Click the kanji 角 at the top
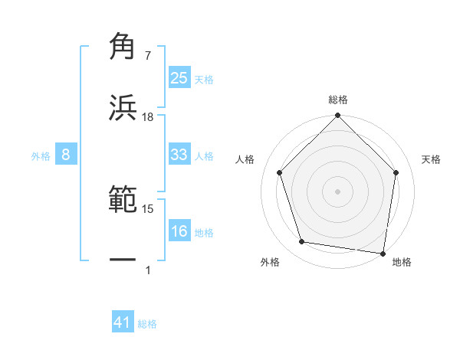point(123,47)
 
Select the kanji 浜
point(123,108)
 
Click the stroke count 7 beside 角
point(148,56)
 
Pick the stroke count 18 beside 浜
point(148,117)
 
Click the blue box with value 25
point(179,77)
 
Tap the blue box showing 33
point(179,155)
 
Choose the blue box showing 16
point(179,231)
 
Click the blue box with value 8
point(65,155)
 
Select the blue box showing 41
point(123,323)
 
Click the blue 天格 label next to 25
point(204,79)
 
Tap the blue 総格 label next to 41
point(147,324)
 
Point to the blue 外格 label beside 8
point(41,156)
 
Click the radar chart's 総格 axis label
point(337,100)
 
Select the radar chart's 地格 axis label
point(402,263)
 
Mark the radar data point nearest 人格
point(279,172)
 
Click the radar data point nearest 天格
point(396,172)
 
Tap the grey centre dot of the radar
point(337,191)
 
